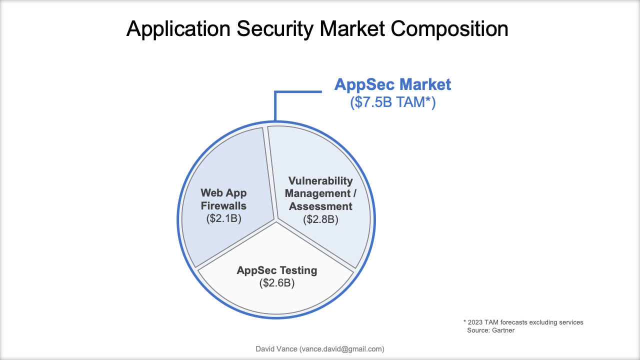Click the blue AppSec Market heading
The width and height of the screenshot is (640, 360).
coord(392,84)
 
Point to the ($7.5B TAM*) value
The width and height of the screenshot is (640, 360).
coord(392,102)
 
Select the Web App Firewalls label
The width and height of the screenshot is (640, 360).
coord(223,199)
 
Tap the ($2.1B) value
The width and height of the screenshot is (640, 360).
coord(223,218)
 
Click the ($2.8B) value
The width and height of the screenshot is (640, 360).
coord(320,219)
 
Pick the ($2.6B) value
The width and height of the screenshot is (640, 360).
coord(277,283)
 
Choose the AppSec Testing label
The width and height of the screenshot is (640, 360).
coord(277,270)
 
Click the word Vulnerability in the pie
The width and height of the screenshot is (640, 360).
coord(320,180)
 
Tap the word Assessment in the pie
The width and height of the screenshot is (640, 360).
coord(320,206)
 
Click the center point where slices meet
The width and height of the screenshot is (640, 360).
coord(275,219)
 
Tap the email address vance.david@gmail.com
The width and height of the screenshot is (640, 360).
coord(341,349)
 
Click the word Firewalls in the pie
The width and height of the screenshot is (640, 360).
coord(223,205)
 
